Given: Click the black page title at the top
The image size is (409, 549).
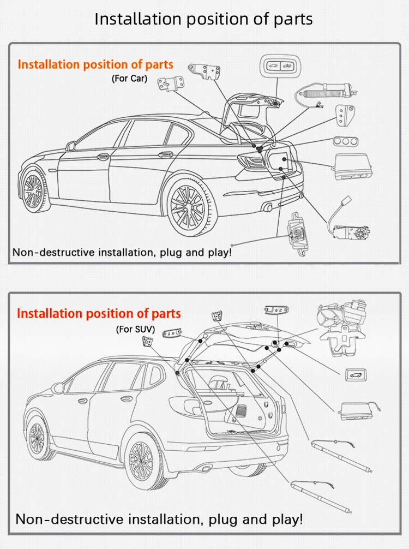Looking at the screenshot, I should [x=204, y=19].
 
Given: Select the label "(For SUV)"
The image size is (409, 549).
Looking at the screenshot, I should [x=136, y=329].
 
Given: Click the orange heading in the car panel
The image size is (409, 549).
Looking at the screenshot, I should [x=95, y=64].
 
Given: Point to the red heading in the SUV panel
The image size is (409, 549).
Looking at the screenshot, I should [x=99, y=314].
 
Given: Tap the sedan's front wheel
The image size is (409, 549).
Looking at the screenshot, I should [x=34, y=189].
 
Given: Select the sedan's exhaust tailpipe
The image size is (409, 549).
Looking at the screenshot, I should [x=267, y=207].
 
